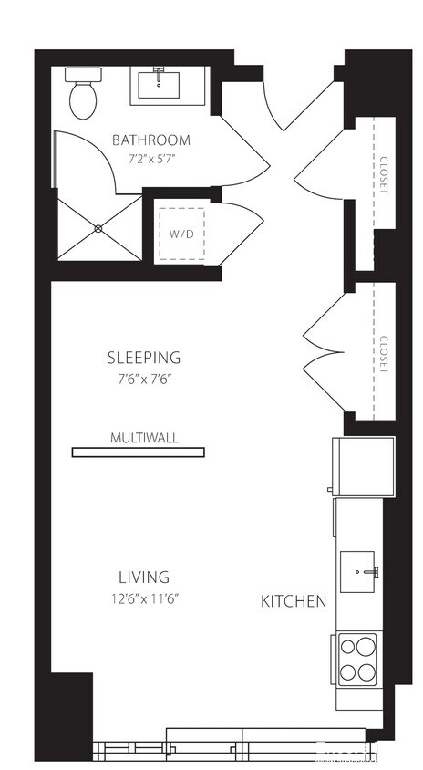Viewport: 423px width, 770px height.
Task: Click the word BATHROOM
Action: click(151, 140)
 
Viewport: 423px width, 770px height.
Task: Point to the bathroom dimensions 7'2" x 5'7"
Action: click(151, 159)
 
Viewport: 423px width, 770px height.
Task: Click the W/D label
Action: click(181, 233)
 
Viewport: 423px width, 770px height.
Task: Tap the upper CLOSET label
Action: click(383, 174)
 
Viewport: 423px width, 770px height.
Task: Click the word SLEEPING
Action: click(144, 358)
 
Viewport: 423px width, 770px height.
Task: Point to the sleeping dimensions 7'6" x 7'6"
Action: click(144, 379)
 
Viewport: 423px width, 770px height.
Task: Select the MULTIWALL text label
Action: click(144, 438)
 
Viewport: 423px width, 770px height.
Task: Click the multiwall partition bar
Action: click(139, 452)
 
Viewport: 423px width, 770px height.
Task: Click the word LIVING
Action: click(144, 577)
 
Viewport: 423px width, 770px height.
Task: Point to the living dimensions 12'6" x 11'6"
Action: click(144, 598)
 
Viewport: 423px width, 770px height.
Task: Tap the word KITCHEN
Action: click(294, 601)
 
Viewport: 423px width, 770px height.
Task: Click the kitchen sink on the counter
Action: click(360, 571)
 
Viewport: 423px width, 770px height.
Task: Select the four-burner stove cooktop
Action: click(357, 660)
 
